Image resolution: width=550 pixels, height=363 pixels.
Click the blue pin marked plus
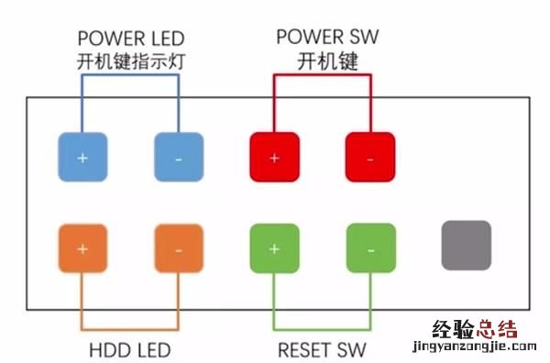tap(83, 157)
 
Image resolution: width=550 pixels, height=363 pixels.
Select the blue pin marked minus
tap(178, 157)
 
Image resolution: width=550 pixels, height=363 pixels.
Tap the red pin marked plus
tap(275, 157)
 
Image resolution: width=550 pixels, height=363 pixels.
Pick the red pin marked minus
tap(370, 157)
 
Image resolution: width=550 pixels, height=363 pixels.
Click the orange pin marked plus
tap(83, 248)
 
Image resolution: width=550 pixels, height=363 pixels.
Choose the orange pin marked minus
tap(178, 248)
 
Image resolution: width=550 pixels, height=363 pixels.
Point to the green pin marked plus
tap(275, 248)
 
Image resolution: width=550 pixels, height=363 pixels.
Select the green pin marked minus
tap(370, 248)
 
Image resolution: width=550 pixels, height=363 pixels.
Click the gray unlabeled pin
tap(467, 245)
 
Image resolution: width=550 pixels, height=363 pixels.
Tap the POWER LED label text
tap(131, 38)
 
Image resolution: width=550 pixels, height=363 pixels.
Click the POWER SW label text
tap(327, 38)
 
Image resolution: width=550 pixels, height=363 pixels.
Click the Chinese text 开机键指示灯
tap(130, 62)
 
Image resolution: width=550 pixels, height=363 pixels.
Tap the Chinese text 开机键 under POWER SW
tap(326, 62)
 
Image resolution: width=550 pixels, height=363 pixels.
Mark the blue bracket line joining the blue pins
tap(131, 75)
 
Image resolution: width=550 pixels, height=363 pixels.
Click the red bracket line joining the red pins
tap(323, 75)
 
